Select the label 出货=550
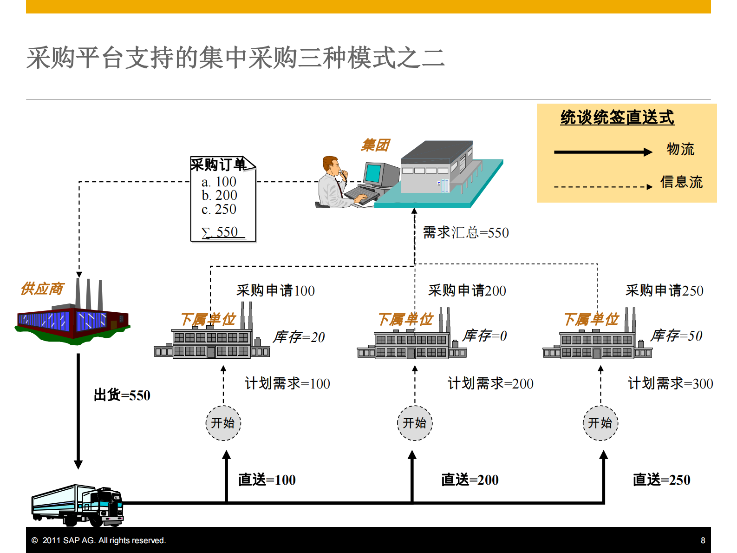point(122,395)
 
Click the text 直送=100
point(267,480)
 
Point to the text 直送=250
point(661,480)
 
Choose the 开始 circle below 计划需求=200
point(415,423)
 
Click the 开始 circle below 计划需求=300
point(600,423)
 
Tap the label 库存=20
point(299,337)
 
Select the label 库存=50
point(676,336)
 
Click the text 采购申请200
point(467,290)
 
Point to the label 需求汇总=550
point(466,232)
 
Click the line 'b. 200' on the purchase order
point(219,195)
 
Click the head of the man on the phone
point(331,165)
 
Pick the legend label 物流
point(680,149)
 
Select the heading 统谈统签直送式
point(617,118)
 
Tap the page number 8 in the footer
point(703,540)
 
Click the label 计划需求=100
point(287,383)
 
